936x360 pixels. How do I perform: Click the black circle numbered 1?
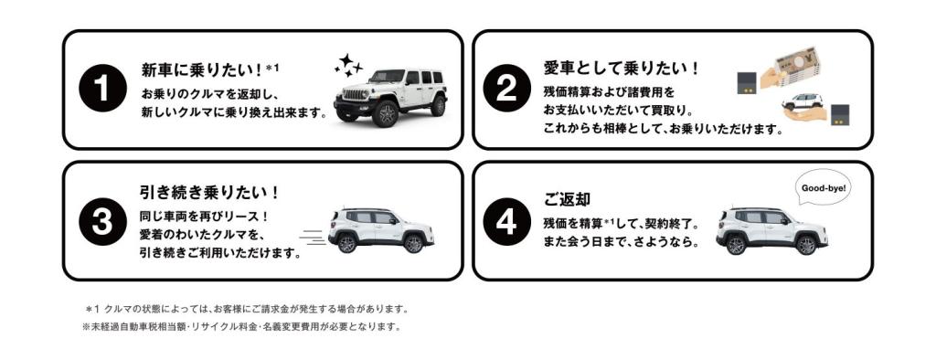(x=102, y=89)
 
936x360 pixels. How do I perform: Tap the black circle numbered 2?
(x=506, y=89)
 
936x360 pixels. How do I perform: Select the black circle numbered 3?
(x=102, y=221)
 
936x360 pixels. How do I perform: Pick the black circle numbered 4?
(x=506, y=221)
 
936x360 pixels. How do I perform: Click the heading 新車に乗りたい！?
(x=202, y=70)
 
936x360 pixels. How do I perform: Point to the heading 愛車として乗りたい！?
(x=622, y=68)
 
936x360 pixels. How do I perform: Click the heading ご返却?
(x=567, y=199)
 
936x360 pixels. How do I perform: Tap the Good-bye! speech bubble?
(x=824, y=189)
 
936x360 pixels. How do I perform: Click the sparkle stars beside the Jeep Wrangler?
(x=347, y=65)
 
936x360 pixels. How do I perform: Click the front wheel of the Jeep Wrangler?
(x=385, y=113)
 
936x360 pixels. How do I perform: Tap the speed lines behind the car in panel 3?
(x=313, y=237)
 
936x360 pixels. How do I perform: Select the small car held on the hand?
(x=803, y=101)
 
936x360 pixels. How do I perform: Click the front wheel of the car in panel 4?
(x=736, y=246)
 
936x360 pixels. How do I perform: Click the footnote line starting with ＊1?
(x=247, y=309)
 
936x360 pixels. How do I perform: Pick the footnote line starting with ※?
(x=241, y=326)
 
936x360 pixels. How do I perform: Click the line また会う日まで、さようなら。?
(x=622, y=244)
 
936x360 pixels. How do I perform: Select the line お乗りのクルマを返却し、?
(x=211, y=94)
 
